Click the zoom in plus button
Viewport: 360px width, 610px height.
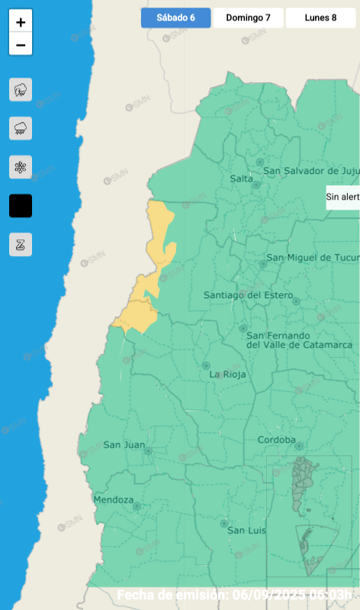(x=21, y=22)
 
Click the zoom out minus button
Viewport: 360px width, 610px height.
(x=21, y=45)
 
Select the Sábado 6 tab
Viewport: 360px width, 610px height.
(x=175, y=18)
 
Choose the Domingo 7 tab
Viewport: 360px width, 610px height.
(x=248, y=18)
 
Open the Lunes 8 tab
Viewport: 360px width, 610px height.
(x=320, y=18)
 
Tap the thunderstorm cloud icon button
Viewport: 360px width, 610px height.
(x=21, y=90)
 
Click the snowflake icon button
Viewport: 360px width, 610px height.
(x=21, y=167)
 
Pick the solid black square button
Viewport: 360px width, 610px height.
(x=21, y=206)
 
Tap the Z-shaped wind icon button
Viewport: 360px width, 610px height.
(x=21, y=245)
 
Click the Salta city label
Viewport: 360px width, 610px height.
(x=241, y=178)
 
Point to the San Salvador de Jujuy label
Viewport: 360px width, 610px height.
(x=312, y=171)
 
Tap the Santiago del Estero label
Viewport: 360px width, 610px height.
(x=243, y=295)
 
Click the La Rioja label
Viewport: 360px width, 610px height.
(x=226, y=375)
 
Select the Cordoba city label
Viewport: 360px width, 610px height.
(x=276, y=440)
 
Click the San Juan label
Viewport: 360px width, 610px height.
(x=123, y=445)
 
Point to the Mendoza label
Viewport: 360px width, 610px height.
(x=113, y=500)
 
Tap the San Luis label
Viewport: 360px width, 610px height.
(x=245, y=530)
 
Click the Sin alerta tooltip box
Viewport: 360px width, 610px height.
(x=342, y=197)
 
